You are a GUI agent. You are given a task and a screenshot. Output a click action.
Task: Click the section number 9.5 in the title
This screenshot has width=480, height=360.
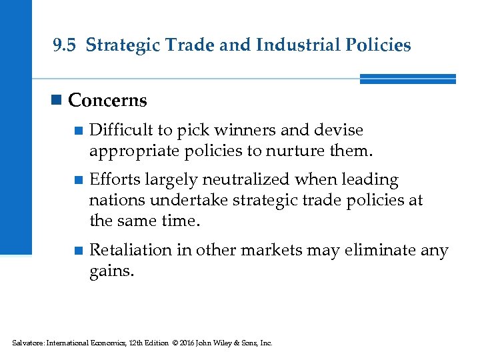65,45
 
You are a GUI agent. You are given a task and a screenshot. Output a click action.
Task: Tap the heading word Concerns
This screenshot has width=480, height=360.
107,101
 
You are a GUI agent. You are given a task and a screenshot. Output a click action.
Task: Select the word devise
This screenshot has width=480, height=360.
340,130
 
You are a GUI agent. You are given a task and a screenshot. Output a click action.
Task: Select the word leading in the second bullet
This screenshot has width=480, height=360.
370,179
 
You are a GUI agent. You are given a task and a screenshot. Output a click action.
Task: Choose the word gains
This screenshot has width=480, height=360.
111,271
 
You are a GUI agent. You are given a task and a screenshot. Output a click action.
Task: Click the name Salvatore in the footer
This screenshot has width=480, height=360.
27,343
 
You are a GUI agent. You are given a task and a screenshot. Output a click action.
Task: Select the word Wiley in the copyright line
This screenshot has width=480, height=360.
220,343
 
